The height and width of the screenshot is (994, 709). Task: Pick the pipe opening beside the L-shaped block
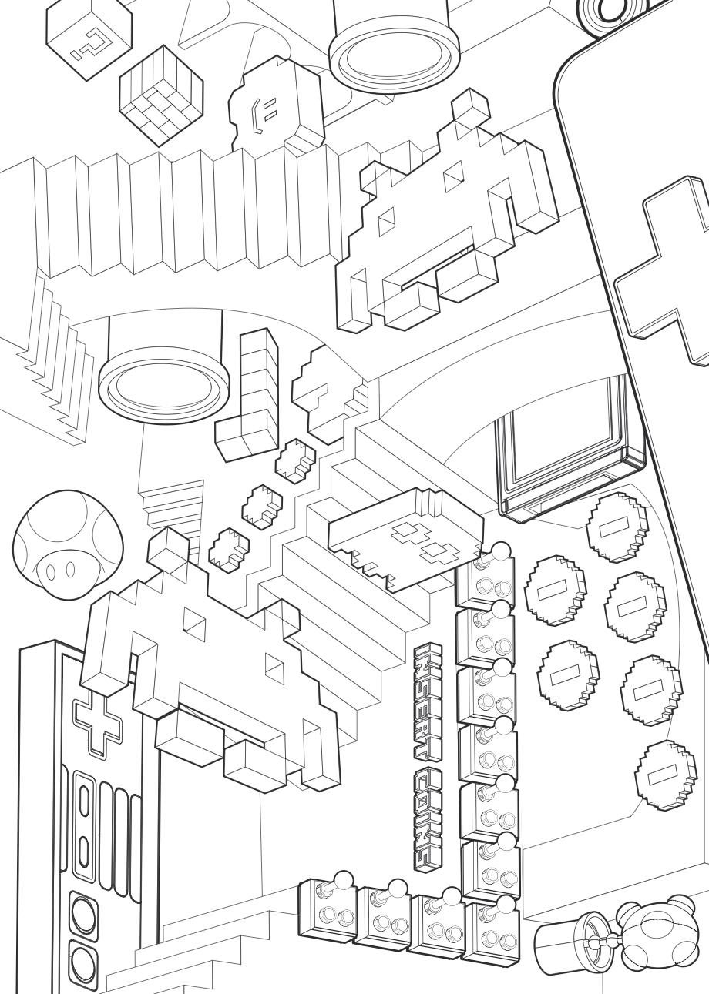164,383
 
